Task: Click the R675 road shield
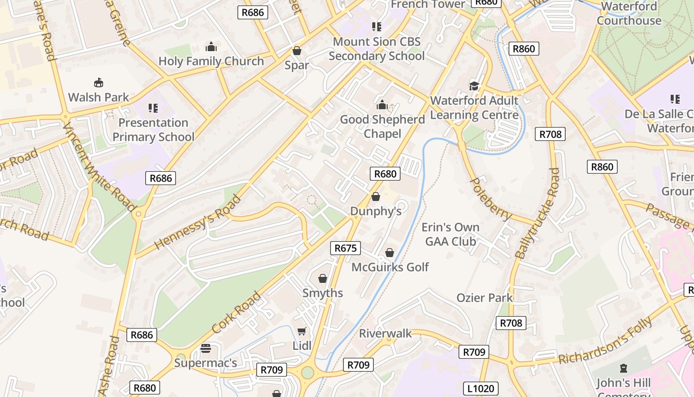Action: pos(346,248)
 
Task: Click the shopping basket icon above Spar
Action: pos(297,51)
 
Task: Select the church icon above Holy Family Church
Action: pos(211,47)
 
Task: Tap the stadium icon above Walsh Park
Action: pos(99,83)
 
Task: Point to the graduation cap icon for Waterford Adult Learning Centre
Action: pos(474,86)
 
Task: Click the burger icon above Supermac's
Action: pos(206,348)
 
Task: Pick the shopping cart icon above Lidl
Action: pos(301,331)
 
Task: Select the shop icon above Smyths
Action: pos(323,278)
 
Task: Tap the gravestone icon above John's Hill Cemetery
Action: pos(623,368)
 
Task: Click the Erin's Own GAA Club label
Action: pos(451,234)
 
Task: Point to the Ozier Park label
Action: pos(484,298)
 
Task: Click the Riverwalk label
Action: pos(385,333)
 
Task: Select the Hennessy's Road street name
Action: pos(198,222)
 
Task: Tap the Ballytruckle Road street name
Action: pos(537,213)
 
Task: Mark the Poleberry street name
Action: pos(490,198)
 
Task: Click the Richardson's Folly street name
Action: pos(606,341)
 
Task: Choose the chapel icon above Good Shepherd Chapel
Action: pos(382,105)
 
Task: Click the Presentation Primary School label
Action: pos(153,130)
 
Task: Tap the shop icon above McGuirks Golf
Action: pos(390,253)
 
